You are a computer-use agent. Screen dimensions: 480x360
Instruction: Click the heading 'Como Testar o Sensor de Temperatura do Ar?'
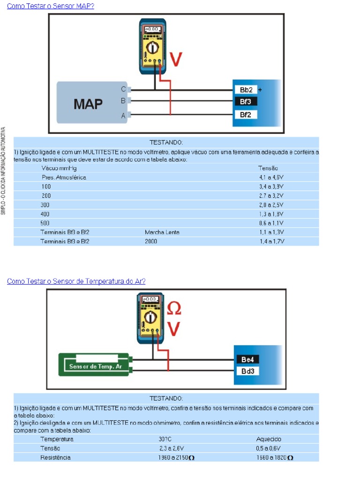pos(76,281)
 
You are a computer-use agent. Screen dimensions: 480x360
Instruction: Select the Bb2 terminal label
pos(246,90)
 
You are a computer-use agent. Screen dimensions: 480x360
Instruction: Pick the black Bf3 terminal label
pos(246,101)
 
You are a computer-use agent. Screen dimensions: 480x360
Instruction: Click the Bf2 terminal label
pos(246,114)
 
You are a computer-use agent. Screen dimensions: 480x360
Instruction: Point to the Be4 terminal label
pos(247,360)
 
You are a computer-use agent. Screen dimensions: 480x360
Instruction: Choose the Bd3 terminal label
pos(247,371)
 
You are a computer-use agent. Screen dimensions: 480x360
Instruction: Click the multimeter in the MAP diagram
pos(153,46)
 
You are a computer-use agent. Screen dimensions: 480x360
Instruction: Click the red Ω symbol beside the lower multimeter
pos(174,308)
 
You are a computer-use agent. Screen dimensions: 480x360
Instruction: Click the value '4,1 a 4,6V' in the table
pos(271,178)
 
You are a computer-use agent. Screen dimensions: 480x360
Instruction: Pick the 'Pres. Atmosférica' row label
pos(64,178)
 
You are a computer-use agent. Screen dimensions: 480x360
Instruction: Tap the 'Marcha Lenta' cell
pos(162,232)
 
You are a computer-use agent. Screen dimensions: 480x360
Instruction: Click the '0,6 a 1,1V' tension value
pos(271,223)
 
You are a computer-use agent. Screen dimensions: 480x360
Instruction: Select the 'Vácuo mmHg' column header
pos(59,168)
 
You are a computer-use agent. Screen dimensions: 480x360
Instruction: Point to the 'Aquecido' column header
pos(269,440)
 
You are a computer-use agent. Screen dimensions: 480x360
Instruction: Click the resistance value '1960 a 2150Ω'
pos(176,457)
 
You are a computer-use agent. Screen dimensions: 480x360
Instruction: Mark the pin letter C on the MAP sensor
pos(123,89)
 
